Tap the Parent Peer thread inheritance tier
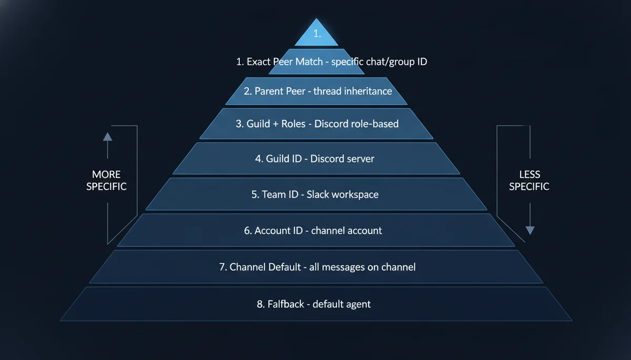(x=318, y=91)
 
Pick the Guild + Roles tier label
(x=317, y=124)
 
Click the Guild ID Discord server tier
(x=314, y=158)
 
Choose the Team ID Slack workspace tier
(x=314, y=194)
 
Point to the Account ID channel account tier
(x=313, y=230)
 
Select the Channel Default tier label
(x=317, y=267)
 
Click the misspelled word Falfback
(x=287, y=304)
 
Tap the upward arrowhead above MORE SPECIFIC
(x=107, y=137)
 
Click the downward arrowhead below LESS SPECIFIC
(x=530, y=230)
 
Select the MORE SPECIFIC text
(x=106, y=180)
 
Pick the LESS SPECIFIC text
(x=529, y=180)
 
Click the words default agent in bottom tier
(x=341, y=304)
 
